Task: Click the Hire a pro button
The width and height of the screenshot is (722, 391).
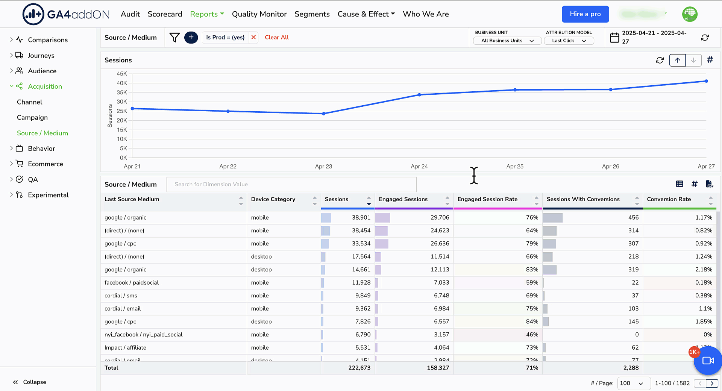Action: tap(585, 14)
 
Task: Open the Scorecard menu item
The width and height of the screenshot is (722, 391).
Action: tap(165, 14)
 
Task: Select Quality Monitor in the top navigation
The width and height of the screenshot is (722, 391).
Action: tap(259, 14)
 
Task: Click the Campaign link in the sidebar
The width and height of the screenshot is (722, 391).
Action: tap(32, 118)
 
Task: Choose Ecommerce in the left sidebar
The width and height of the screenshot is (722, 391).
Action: tap(46, 164)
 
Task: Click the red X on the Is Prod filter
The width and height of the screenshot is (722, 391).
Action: tap(253, 37)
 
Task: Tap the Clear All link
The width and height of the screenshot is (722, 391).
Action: tap(277, 37)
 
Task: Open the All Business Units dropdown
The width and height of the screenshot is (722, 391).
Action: tap(507, 41)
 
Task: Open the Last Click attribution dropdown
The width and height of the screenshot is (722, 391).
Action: tap(569, 41)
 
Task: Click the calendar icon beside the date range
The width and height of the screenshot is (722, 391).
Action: tap(614, 38)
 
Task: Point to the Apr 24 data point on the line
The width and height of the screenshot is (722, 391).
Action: tap(419, 95)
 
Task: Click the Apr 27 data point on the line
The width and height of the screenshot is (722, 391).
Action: tap(706, 81)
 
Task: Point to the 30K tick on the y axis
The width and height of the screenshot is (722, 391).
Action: tap(122, 102)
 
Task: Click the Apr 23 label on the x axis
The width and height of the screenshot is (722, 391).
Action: tap(323, 167)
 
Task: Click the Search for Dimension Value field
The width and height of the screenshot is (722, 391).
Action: tap(291, 184)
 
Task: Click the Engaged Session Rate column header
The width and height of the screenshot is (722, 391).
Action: tap(487, 199)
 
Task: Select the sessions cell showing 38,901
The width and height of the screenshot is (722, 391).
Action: tap(361, 218)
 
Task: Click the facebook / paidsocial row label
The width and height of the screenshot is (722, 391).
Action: tap(132, 283)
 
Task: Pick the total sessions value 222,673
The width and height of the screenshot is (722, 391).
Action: tap(359, 368)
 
